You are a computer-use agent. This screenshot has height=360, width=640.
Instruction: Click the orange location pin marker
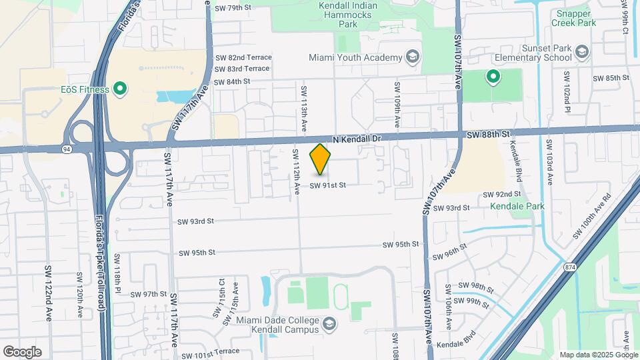[321, 159]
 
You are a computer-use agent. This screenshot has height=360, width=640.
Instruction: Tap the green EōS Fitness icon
[120, 88]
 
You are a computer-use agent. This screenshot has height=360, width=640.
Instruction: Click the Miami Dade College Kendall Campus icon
[328, 325]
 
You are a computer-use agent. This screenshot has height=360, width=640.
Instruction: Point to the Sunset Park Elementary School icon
[582, 51]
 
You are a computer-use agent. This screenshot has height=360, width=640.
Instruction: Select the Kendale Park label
[517, 206]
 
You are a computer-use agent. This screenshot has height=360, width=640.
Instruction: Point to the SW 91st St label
[327, 185]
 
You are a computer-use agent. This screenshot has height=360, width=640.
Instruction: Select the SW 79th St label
[233, 8]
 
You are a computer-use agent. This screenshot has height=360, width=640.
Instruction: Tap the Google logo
[22, 351]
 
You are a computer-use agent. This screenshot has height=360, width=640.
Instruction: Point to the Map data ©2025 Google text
[596, 355]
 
